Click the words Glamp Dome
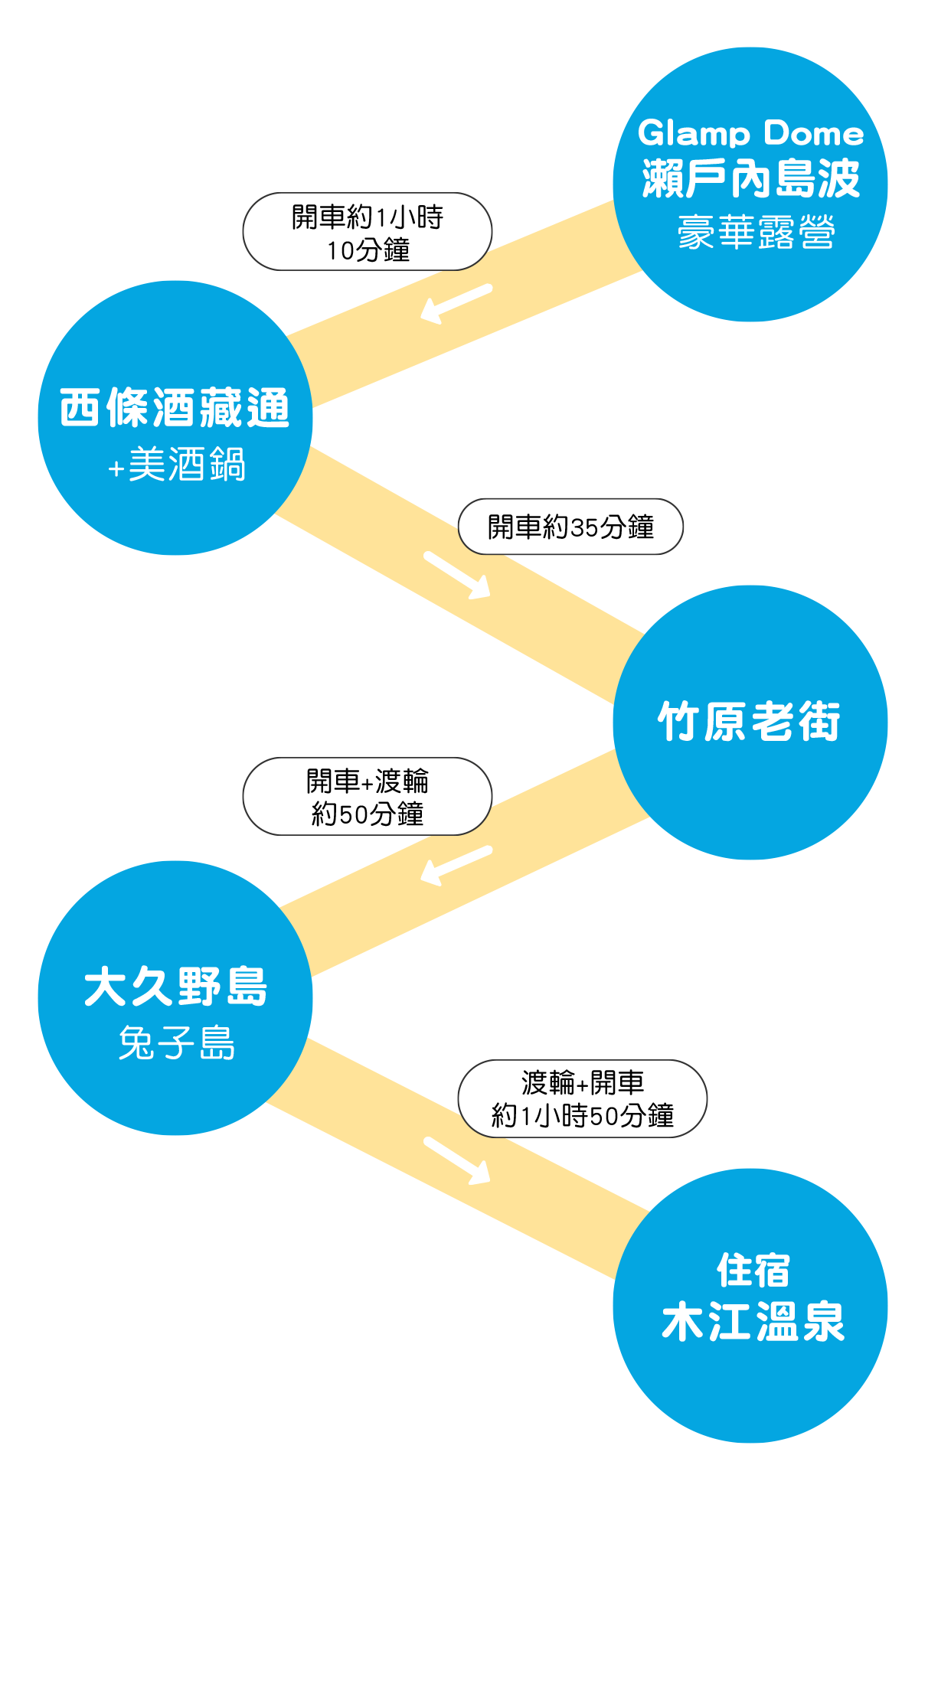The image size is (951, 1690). [x=750, y=134]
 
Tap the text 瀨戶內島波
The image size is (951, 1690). [x=750, y=179]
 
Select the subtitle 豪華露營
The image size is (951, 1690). [x=755, y=232]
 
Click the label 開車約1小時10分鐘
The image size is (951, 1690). [x=367, y=232]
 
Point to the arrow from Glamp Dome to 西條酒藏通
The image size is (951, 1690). [x=456, y=303]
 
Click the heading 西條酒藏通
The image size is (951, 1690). [x=175, y=407]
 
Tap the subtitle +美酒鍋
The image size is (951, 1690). [x=176, y=465]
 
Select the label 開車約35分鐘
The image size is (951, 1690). [x=570, y=527]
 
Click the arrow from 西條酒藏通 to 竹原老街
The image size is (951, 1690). [x=457, y=575]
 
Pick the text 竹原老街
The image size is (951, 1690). [x=749, y=721]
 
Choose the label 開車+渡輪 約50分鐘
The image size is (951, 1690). [x=367, y=797]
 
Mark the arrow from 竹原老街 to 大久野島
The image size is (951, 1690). [x=456, y=865]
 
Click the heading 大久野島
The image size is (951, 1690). [x=175, y=987]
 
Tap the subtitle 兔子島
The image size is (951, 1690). [x=176, y=1042]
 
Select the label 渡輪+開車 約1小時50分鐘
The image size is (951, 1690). [x=582, y=1099]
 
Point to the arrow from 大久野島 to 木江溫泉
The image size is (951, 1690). [x=457, y=1160]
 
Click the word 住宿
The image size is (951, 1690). [x=753, y=1271]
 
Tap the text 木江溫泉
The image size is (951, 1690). [x=753, y=1322]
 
